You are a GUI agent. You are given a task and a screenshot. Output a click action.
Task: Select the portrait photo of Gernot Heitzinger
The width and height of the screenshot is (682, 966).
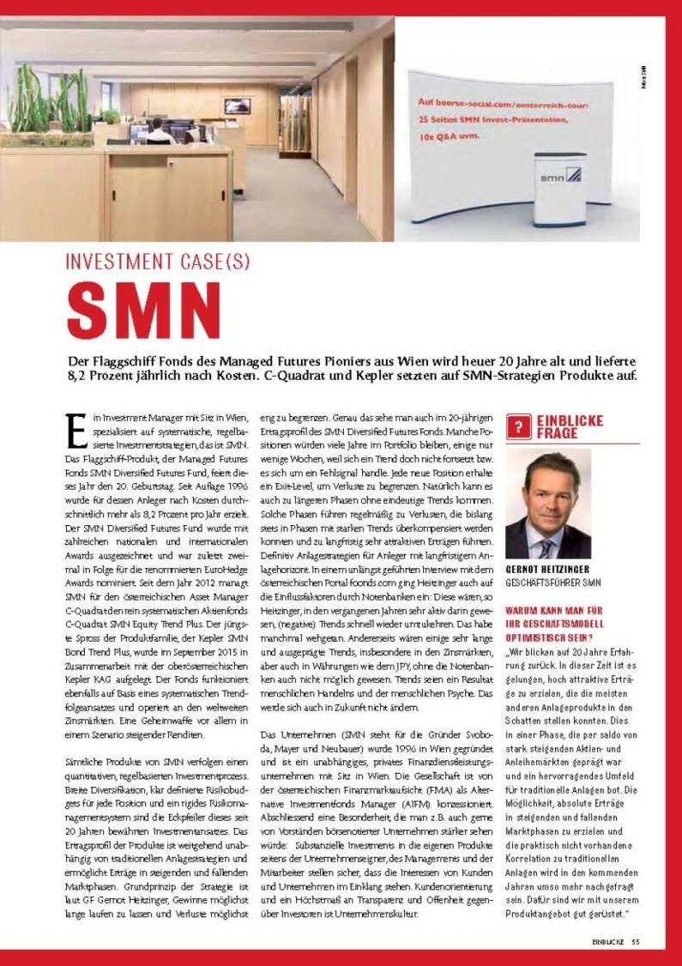tap(548, 507)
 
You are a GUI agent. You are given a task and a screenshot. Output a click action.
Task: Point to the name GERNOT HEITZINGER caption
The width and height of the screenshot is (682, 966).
tap(547, 569)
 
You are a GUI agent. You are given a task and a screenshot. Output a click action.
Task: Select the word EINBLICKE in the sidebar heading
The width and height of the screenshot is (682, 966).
tap(570, 420)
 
